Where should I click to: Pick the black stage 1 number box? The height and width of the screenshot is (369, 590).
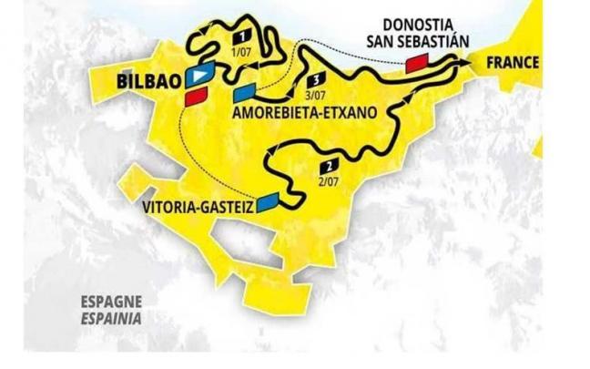coord(242,36)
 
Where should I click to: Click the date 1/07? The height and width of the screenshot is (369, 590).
coord(242,52)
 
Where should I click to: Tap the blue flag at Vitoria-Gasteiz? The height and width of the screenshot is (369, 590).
coord(268,201)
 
